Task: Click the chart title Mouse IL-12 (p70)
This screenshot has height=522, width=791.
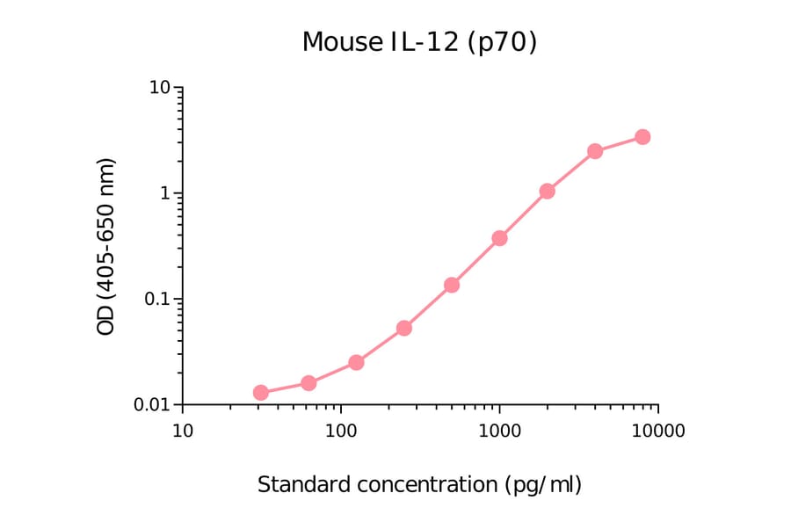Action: point(419,41)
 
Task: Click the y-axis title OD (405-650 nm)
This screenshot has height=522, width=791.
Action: point(106,247)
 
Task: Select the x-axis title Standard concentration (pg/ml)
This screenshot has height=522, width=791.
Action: point(419,484)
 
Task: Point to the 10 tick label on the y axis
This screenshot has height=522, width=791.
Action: point(159,88)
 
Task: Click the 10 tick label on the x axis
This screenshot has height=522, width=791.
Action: point(182,431)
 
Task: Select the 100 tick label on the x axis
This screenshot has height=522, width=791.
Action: point(340,431)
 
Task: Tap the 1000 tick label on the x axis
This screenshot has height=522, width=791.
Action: point(499,431)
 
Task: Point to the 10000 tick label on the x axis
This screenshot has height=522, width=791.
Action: point(657,431)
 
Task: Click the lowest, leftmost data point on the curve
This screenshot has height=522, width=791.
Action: point(261,393)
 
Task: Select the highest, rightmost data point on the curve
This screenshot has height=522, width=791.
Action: point(642,137)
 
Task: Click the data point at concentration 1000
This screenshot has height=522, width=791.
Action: point(499,238)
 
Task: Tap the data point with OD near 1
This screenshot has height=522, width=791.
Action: point(547,191)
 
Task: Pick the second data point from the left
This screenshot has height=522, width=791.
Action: point(308,383)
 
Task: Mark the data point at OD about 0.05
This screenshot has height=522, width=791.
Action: point(404,328)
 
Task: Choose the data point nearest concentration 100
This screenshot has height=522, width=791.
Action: point(356,362)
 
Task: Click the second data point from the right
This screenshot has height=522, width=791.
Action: point(595,151)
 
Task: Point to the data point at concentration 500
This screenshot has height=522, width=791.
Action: point(452,285)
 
